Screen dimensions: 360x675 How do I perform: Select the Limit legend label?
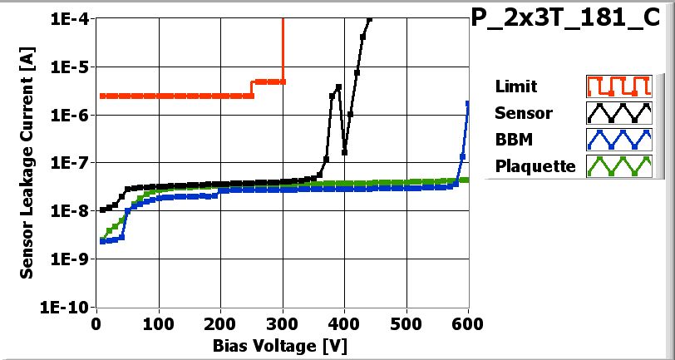[x=515, y=86]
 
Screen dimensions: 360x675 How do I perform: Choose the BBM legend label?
[x=513, y=139]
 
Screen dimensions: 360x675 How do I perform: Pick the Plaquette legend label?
[x=535, y=165]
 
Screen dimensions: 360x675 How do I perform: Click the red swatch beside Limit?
[x=617, y=86]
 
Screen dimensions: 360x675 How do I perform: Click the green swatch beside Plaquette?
[x=617, y=165]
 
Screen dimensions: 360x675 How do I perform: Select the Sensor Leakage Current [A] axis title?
[x=27, y=163]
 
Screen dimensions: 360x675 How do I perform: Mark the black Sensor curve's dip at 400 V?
[x=344, y=152]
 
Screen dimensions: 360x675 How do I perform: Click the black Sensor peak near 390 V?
[x=338, y=86]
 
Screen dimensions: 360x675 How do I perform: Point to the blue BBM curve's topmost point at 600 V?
[x=468, y=103]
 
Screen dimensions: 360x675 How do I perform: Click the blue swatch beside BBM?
[x=617, y=139]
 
